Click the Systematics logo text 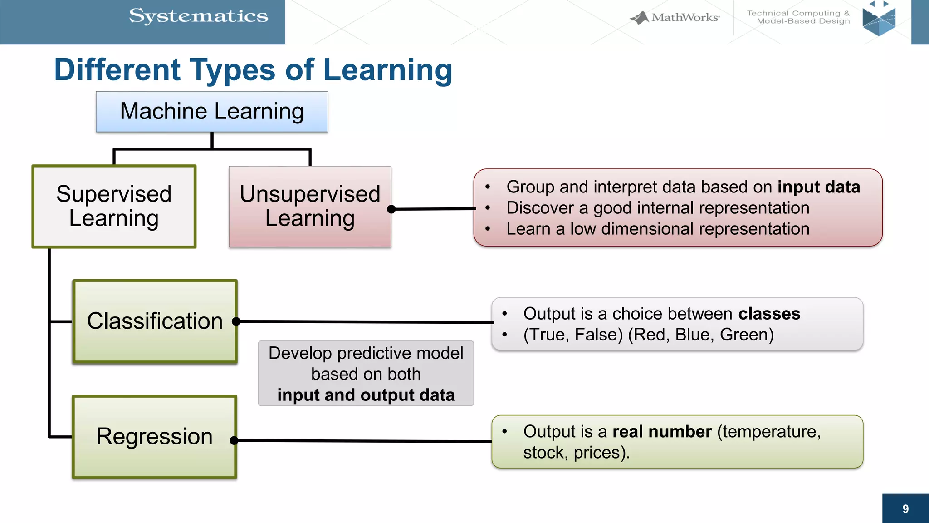[199, 16]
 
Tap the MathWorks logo [675, 18]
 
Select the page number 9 [905, 509]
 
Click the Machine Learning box [212, 112]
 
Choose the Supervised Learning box [114, 207]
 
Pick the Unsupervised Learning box [310, 207]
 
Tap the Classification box [155, 321]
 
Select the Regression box [154, 437]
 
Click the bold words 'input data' [818, 187]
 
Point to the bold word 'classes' [769, 314]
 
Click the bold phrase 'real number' [662, 431]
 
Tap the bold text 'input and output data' [366, 395]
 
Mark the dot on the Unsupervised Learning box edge [391, 209]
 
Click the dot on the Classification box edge [236, 321]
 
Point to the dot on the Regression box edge [234, 440]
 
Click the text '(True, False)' [573, 335]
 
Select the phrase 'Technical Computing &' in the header [798, 13]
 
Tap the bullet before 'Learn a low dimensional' [488, 229]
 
